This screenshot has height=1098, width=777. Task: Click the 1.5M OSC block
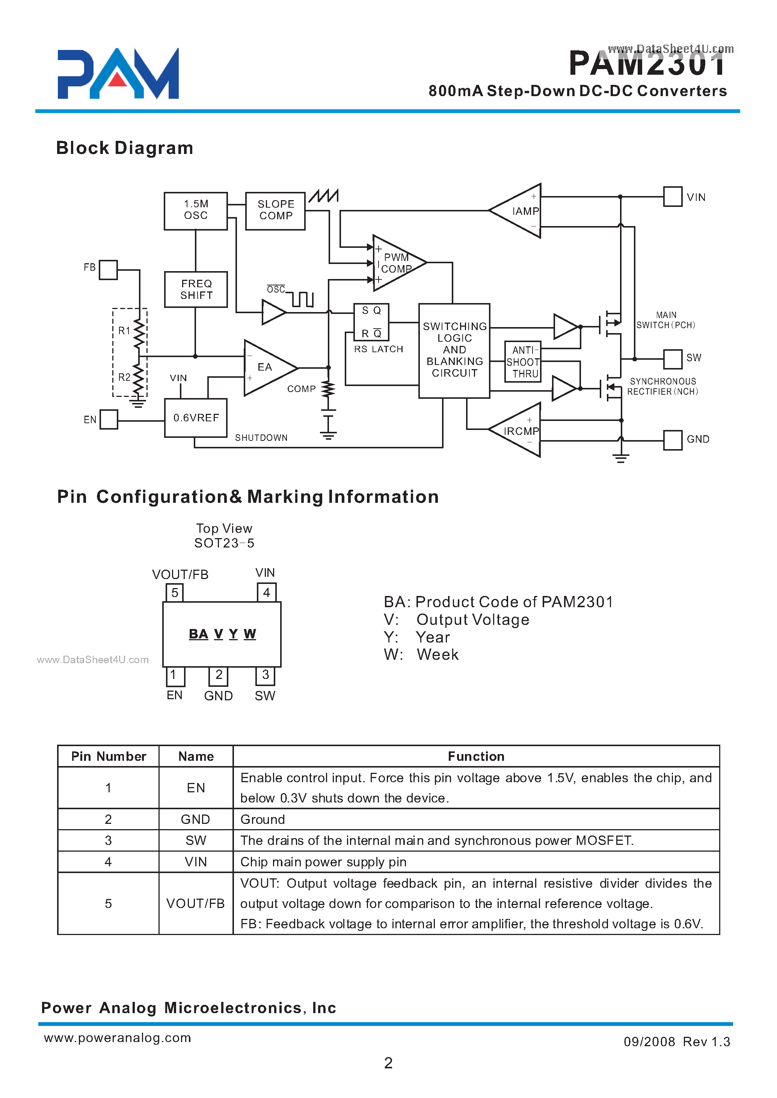(x=196, y=211)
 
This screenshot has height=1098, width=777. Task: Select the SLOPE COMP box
(x=275, y=211)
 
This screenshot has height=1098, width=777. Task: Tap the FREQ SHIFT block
(x=196, y=290)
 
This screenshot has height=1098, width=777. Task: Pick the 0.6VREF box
(x=196, y=418)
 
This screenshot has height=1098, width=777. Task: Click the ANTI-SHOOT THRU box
(x=523, y=362)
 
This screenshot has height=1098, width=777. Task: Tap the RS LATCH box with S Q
(x=371, y=321)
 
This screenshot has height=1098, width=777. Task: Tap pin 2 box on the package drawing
(x=219, y=676)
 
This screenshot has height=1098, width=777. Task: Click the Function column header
(x=476, y=756)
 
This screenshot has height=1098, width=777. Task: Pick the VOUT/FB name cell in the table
(x=196, y=903)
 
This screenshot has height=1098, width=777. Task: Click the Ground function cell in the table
(x=476, y=819)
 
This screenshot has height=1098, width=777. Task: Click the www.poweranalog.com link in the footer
(x=118, y=1037)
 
